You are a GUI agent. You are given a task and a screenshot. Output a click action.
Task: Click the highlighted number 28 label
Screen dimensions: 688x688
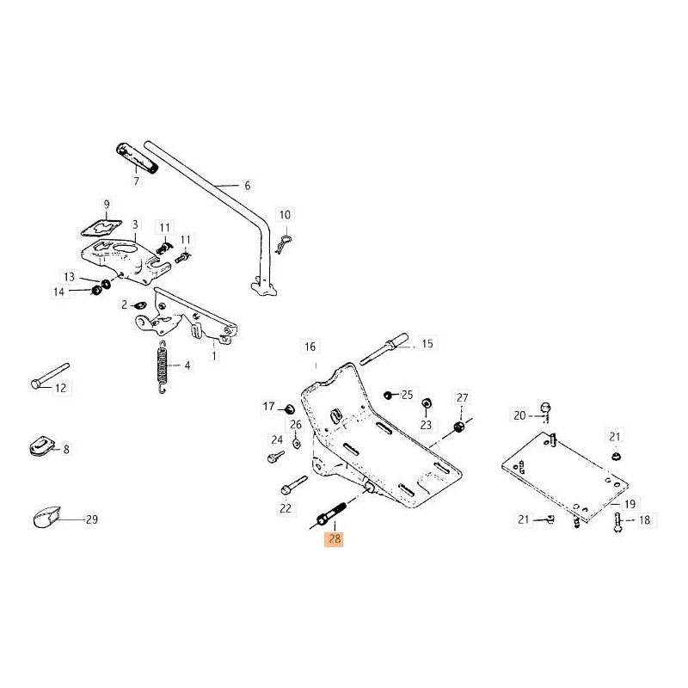click(x=333, y=540)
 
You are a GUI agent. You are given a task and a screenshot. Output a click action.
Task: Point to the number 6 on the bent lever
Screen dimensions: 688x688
click(x=248, y=185)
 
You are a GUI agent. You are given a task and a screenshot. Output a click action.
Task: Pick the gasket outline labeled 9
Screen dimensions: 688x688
click(x=98, y=226)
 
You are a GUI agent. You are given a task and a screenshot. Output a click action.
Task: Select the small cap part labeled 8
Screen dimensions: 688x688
click(x=40, y=448)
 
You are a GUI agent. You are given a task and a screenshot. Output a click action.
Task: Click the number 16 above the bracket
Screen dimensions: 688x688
click(x=310, y=347)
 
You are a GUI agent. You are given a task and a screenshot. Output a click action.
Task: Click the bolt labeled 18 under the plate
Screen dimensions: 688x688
click(x=618, y=522)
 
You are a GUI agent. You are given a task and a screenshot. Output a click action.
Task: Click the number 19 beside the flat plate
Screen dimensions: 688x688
click(x=630, y=505)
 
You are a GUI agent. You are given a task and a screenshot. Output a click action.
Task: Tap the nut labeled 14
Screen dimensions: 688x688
click(x=97, y=291)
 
